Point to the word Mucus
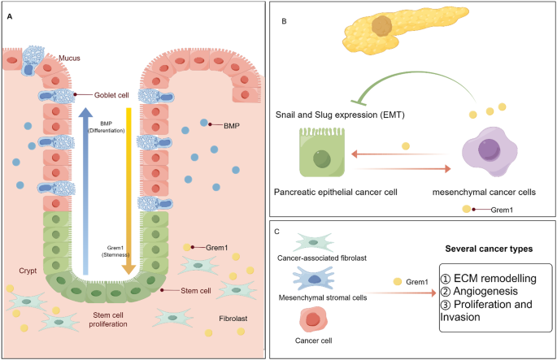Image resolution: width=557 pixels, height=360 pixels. pyautogui.click(x=69, y=59)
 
